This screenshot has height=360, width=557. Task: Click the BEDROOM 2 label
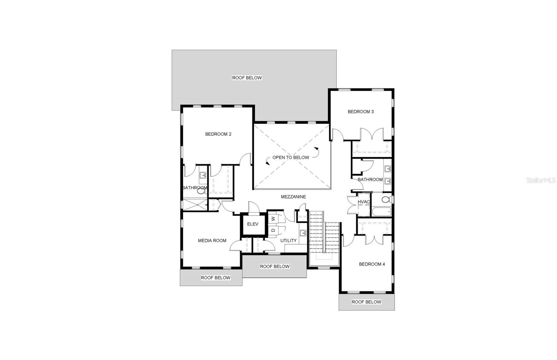(218, 134)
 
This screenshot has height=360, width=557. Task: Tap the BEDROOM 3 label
(361, 112)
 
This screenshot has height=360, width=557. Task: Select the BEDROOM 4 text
(372, 264)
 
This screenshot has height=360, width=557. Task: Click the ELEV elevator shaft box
(253, 224)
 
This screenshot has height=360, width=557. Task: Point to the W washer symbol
(273, 219)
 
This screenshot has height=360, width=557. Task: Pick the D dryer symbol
(273, 230)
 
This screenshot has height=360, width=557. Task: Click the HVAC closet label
(363, 202)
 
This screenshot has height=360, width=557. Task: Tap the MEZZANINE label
(293, 197)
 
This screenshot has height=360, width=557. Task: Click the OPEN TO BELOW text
(291, 157)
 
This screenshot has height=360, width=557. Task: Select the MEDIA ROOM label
(212, 240)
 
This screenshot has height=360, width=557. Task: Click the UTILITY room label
(289, 240)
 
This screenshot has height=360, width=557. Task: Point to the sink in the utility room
(303, 232)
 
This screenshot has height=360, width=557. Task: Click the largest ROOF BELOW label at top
(247, 78)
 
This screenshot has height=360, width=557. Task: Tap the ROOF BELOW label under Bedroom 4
(366, 302)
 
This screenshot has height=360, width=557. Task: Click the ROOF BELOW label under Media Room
(215, 278)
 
